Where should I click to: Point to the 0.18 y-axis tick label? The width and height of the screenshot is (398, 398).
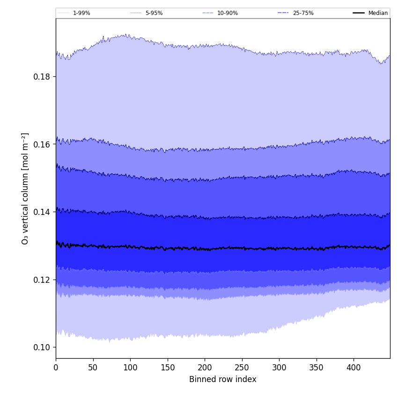(x=42, y=77)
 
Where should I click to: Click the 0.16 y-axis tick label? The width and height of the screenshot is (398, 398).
(x=42, y=144)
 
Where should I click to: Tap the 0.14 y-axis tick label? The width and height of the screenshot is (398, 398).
(x=42, y=212)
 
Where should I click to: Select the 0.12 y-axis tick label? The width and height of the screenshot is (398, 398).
(x=42, y=280)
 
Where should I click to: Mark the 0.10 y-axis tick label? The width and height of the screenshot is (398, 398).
(x=42, y=347)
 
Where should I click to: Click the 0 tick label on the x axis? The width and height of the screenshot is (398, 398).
(x=56, y=368)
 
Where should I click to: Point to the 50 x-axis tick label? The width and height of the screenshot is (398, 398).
(x=93, y=368)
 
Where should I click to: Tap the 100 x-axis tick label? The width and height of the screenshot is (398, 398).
(x=130, y=368)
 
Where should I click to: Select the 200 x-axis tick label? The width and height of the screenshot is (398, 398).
(x=205, y=368)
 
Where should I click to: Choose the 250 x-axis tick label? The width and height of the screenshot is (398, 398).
(x=242, y=368)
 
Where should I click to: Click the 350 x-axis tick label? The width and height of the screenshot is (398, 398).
(x=317, y=368)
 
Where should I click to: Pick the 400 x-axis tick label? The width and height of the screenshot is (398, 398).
(x=354, y=368)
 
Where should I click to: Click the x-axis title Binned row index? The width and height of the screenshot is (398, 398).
(x=223, y=380)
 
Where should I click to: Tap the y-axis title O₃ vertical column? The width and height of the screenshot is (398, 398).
(x=25, y=188)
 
